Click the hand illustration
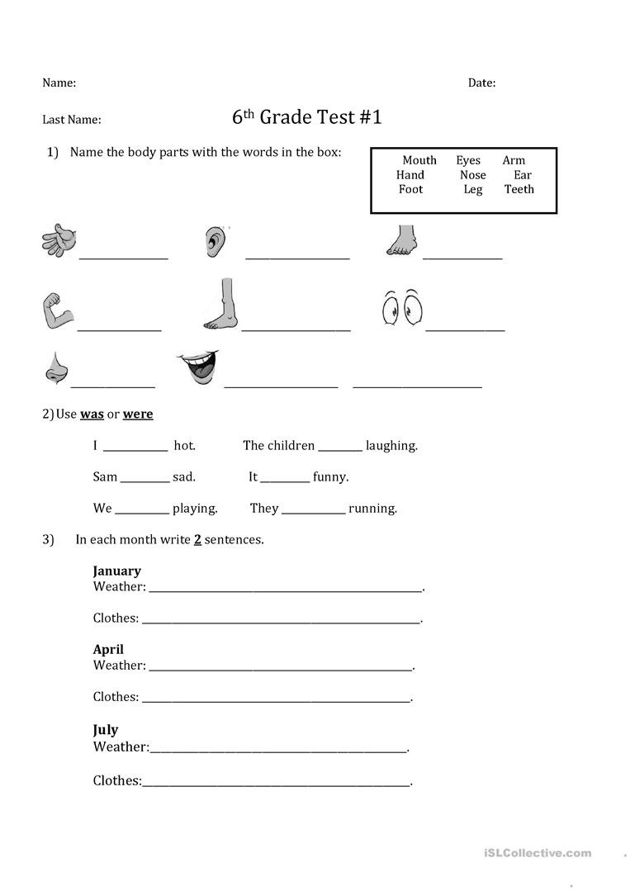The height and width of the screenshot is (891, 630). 59,240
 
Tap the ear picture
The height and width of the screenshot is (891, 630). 215,241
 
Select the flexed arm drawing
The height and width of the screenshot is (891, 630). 58,311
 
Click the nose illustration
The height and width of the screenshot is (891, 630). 55,368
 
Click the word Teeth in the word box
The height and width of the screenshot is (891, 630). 519,189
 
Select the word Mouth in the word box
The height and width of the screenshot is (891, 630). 419,160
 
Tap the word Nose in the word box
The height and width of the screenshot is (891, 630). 473,175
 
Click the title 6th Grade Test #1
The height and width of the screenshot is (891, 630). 307,117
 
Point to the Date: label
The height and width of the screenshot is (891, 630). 481,83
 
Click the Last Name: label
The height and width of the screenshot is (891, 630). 72,120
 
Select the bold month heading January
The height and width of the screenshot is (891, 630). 116,571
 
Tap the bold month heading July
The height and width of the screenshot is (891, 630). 106,729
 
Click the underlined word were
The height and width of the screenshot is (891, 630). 138,415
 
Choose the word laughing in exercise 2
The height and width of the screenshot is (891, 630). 391,446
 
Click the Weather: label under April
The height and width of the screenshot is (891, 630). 119,666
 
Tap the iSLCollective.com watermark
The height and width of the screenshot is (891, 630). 547,853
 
